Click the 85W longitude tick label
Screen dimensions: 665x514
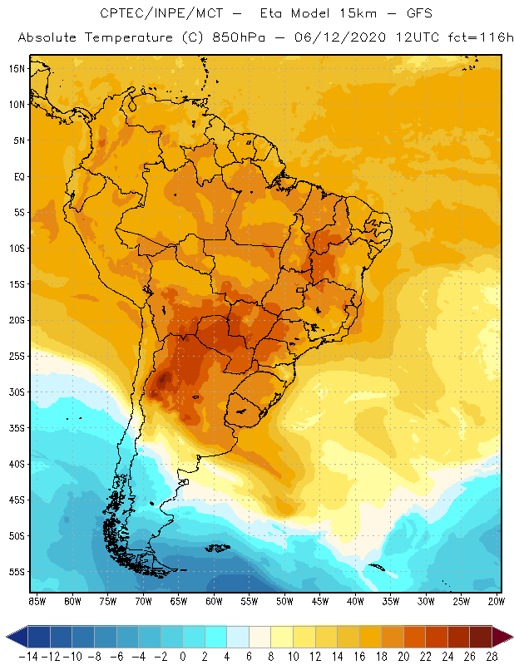37,600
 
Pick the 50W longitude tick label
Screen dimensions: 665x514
284,600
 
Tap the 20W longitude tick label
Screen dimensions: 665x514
497,600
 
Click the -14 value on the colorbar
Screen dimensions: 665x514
28,656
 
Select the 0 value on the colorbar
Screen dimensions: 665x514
183,656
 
